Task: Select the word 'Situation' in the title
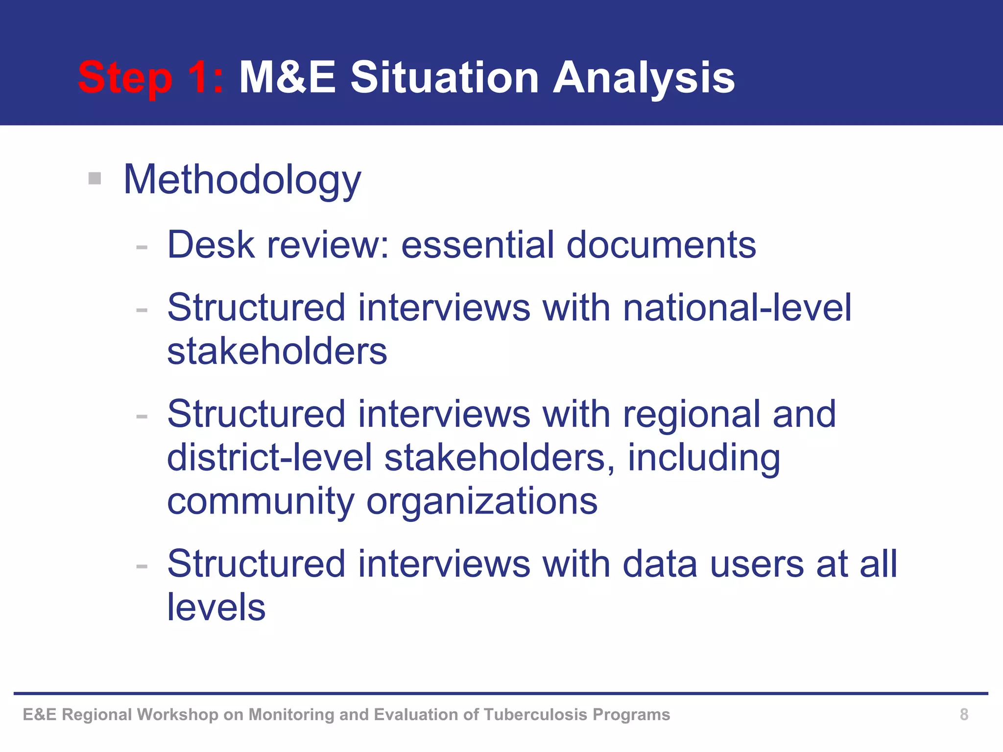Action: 445,77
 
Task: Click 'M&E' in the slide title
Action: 287,77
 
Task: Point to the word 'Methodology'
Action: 242,180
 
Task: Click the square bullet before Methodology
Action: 95,178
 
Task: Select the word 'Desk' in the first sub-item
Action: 211,244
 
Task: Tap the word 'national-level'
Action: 737,307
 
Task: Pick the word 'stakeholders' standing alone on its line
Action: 277,351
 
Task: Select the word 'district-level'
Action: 269,457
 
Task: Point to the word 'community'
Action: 261,501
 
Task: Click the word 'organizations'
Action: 482,501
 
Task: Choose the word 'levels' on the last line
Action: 216,608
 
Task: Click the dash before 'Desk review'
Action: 142,247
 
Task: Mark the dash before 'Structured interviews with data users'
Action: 142,566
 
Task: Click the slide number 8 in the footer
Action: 964,714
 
